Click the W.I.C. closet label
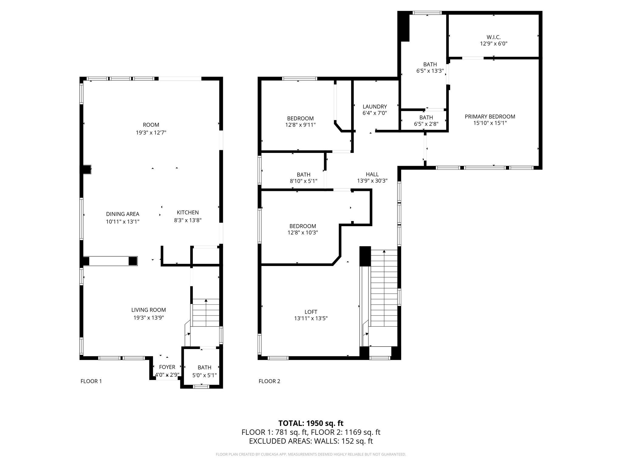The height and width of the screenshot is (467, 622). (494, 37)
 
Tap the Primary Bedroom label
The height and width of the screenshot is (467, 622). (490, 116)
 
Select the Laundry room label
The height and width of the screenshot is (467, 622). (375, 107)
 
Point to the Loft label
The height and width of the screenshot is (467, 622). (311, 312)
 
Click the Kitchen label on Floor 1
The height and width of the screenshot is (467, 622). (188, 213)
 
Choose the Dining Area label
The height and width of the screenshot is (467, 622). (123, 214)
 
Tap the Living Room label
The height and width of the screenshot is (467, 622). (149, 310)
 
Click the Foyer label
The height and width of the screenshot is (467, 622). (167, 367)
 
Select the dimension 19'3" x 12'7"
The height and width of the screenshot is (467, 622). (151, 133)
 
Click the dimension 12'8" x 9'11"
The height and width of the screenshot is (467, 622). (300, 125)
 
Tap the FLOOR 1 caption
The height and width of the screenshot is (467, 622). (91, 381)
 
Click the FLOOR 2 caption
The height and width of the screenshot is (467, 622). (269, 381)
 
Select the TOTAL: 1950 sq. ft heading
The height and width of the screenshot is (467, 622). (311, 423)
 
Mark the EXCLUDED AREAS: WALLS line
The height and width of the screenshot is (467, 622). (311, 441)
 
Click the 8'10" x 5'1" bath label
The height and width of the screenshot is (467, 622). (303, 178)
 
